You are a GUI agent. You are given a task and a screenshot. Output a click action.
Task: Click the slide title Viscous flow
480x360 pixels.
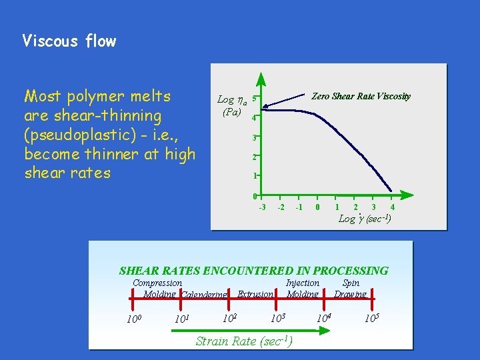point(69,41)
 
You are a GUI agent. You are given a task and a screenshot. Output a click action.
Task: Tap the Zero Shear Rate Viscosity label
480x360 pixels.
point(361,97)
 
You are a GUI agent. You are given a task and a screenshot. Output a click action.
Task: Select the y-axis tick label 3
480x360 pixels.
point(255,138)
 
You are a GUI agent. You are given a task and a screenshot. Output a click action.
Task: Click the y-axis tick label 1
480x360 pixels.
point(255,176)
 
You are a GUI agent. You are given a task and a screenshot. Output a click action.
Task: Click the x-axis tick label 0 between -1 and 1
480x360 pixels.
point(318,207)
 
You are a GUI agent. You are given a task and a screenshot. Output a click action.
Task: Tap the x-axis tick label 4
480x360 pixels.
point(392,207)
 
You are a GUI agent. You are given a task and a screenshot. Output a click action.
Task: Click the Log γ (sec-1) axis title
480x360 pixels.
point(365,219)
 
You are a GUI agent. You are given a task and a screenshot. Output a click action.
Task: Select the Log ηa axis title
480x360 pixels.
point(231,101)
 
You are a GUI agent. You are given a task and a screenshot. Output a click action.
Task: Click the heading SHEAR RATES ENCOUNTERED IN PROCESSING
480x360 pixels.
point(253,271)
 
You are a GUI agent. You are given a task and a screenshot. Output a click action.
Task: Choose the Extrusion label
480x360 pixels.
point(255,294)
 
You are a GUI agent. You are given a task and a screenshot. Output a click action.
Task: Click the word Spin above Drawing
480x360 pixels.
point(351,283)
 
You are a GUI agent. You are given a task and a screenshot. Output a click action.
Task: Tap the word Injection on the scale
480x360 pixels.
point(302,283)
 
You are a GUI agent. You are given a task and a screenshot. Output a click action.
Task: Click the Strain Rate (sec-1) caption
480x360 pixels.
point(243,341)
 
